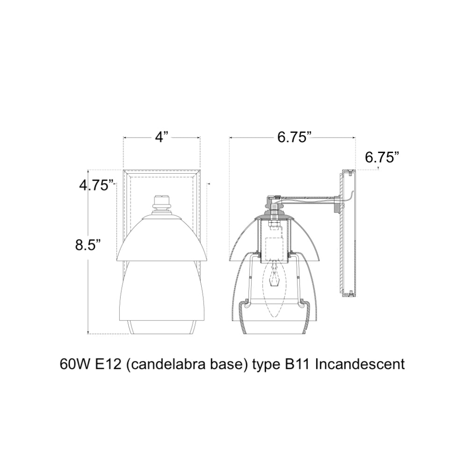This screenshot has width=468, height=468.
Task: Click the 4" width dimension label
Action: tap(162, 137)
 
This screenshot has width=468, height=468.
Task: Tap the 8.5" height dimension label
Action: tap(87, 245)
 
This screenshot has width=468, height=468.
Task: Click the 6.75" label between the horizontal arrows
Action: tap(292, 137)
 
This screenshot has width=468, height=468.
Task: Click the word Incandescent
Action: tap(360, 365)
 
